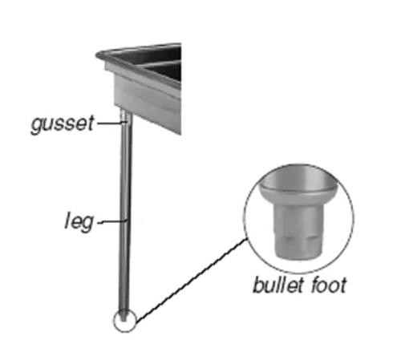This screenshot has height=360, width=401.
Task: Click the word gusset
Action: [63, 124]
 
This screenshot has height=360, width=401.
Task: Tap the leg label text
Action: [79, 220]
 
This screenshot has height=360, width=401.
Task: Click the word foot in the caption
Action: [329, 285]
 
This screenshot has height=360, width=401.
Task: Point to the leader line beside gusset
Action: [111, 123]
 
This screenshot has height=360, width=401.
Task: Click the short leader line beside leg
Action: [112, 221]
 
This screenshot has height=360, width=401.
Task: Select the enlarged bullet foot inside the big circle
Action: [298, 214]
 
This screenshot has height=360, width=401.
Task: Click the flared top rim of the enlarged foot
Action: [298, 191]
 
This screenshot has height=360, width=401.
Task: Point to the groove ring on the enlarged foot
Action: [298, 237]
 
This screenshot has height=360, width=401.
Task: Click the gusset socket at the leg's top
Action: [126, 119]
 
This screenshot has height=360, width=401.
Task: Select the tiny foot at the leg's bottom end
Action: [124, 316]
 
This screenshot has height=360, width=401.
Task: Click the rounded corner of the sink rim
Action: [100, 55]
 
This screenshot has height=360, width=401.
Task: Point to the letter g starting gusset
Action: [37, 126]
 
